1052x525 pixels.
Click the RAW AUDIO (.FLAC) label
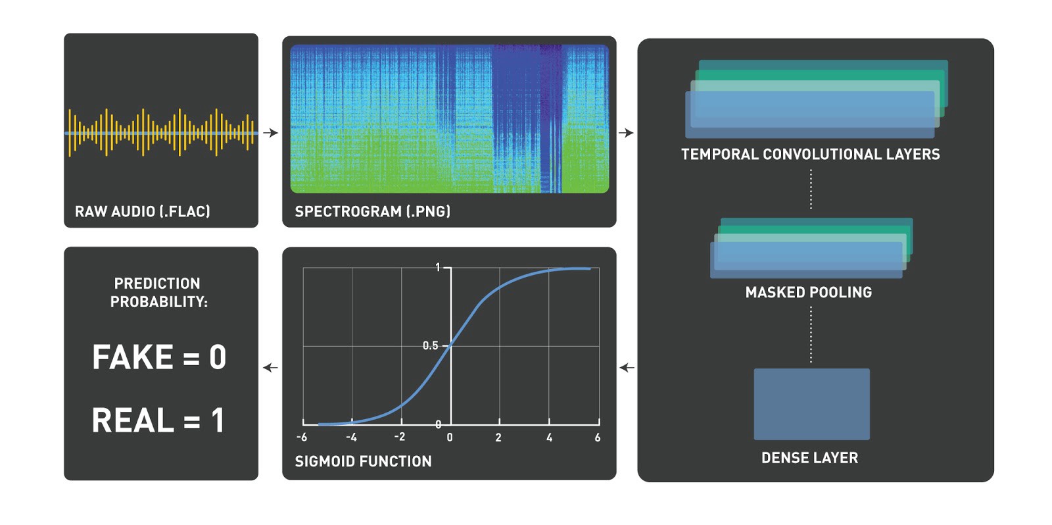click(142, 211)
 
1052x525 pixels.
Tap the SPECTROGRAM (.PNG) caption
click(372, 211)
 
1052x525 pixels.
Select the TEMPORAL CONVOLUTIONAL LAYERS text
click(811, 154)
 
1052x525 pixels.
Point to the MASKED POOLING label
click(809, 292)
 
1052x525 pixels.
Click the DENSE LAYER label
click(809, 458)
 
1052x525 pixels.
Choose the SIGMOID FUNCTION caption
click(363, 461)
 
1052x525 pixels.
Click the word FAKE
click(132, 357)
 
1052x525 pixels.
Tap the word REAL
click(133, 420)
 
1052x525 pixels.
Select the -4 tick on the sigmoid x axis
click(351, 438)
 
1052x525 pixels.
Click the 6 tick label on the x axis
click(598, 438)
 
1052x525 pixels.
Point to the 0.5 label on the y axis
click(430, 346)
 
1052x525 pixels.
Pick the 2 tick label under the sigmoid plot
click(498, 438)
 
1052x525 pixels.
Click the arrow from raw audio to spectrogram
click(270, 133)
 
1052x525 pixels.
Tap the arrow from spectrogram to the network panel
click(626, 133)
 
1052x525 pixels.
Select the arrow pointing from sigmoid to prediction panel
click(270, 368)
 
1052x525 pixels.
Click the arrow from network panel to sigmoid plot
click(627, 368)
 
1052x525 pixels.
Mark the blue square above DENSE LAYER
click(811, 404)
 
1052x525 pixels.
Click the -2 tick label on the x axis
click(399, 437)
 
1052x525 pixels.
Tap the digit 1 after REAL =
click(218, 420)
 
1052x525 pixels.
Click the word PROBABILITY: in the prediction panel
click(158, 302)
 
